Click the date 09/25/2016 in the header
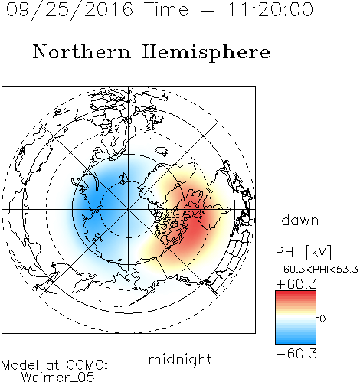click(70, 10)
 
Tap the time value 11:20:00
click(270, 10)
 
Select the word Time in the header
click(166, 10)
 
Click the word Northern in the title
click(82, 52)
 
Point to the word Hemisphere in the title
click(206, 53)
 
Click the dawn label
click(300, 220)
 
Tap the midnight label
click(180, 359)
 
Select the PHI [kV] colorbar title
click(304, 252)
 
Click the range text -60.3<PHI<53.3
click(317, 270)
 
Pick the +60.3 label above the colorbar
click(296, 284)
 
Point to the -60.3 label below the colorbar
click(296, 354)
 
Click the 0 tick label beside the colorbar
click(322, 319)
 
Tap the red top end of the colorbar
click(296, 293)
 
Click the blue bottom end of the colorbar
click(296, 342)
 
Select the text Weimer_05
click(57, 378)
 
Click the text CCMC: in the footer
click(87, 365)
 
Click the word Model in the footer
click(20, 365)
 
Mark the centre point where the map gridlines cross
click(129, 210)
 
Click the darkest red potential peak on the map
click(194, 220)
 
